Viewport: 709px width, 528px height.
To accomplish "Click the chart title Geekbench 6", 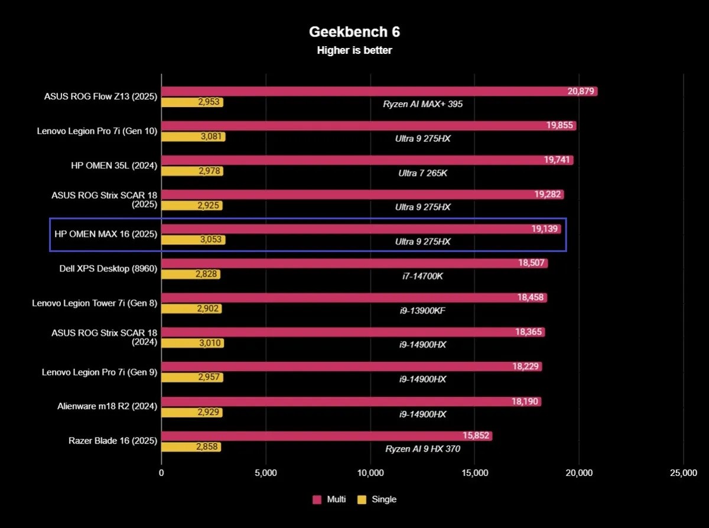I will tap(354, 32).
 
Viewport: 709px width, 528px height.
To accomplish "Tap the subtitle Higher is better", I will tap(354, 50).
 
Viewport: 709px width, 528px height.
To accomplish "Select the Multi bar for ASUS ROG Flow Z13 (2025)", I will tap(378, 92).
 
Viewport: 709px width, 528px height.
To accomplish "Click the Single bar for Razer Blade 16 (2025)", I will tap(191, 447).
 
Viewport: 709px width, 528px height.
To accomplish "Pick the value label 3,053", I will tap(212, 240).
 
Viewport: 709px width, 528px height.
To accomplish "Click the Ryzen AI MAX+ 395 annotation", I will tap(422, 104).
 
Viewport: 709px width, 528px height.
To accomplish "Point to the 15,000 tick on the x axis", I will tap(474, 472).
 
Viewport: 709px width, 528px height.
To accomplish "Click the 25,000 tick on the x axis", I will tap(683, 472).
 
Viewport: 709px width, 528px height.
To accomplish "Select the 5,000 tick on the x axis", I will tap(265, 472).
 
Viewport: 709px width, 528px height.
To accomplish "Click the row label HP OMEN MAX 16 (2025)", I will tap(106, 234).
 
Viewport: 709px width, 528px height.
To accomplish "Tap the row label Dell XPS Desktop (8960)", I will tap(108, 268).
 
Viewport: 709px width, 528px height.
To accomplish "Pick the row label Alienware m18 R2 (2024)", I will tap(108, 406).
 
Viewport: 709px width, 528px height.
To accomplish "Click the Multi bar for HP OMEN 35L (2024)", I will tap(366, 160).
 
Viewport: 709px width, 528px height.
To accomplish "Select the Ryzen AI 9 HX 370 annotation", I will tap(422, 449).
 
